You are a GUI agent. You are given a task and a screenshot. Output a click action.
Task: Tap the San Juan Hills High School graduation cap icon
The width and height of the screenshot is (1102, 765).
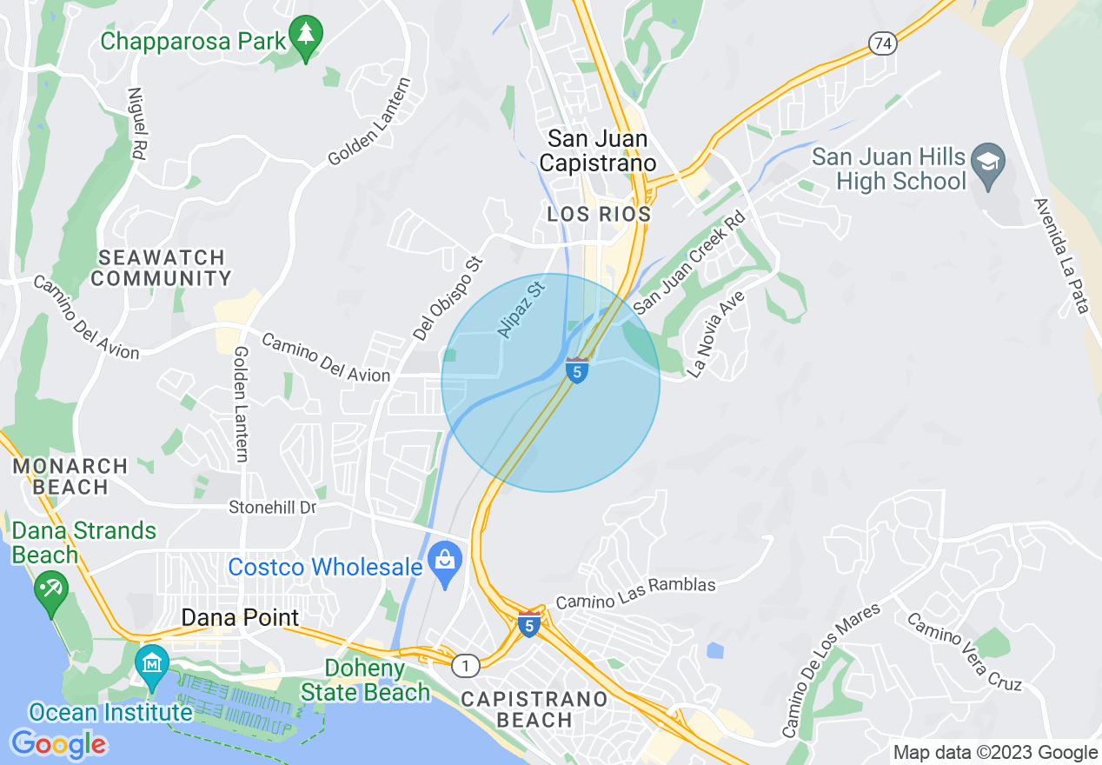pos(989,164)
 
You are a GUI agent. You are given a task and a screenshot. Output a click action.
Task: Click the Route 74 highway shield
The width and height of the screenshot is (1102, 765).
pos(884,44)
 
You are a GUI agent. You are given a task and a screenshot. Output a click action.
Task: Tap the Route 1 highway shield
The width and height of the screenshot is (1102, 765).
pos(466,666)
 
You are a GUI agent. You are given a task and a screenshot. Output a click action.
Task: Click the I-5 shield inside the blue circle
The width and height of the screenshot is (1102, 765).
pos(576,369)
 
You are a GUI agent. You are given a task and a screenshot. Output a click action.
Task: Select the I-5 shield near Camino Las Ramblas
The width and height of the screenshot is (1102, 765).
pos(528,623)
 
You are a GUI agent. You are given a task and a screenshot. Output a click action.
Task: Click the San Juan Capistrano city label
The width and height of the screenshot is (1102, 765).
pos(597,150)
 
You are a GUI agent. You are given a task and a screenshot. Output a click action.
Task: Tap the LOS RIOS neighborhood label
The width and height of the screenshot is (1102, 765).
pos(599,214)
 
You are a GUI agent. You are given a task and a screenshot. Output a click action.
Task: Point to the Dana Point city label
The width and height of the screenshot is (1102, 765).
pos(240,618)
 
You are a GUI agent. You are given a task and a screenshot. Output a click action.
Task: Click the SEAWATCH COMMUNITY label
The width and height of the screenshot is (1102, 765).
pos(161,268)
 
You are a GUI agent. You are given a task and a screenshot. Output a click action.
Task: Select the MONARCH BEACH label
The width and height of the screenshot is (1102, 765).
pos(70,476)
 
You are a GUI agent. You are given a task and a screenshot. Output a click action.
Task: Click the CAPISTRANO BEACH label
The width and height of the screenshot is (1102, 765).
pos(534,709)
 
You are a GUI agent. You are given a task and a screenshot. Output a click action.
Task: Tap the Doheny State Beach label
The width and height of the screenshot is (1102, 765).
pos(366,680)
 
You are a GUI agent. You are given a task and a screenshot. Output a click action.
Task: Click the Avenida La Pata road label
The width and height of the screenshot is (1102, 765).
pos(1061,256)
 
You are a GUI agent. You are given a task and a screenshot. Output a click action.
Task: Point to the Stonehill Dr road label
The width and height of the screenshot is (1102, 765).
pos(272,507)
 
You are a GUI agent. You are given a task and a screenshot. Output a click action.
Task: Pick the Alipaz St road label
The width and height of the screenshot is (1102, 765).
pos(521,309)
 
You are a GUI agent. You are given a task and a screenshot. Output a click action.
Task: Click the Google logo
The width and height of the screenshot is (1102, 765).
pos(58,744)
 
